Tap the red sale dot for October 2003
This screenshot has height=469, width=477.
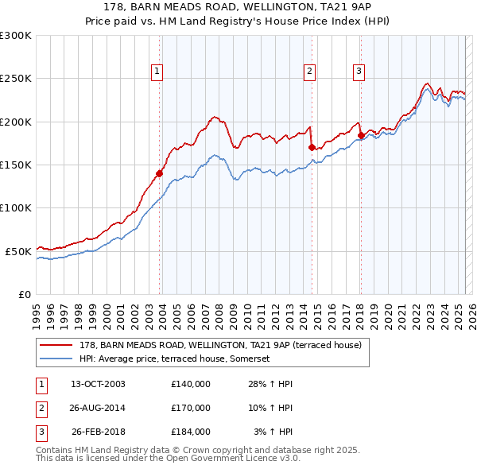(160, 173)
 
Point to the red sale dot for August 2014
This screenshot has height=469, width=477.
(312, 147)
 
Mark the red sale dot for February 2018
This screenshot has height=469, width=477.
(361, 135)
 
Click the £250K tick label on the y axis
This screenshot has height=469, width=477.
(16, 79)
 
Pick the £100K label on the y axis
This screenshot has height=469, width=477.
(16, 207)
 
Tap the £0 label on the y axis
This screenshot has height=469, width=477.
(25, 294)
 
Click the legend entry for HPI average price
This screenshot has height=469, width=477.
(174, 359)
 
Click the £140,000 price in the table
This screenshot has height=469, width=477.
(191, 384)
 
